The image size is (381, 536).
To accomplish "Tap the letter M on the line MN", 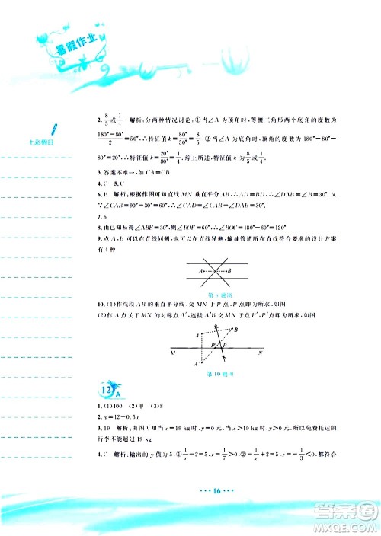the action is coord(174,353).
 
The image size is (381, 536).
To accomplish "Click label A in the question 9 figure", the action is coord(200,270).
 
